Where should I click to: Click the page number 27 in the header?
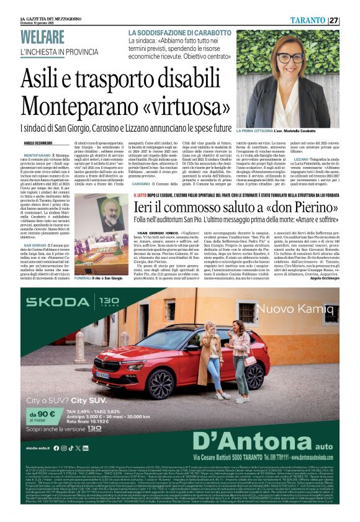334,20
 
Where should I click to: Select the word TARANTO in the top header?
308,20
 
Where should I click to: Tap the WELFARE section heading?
47,38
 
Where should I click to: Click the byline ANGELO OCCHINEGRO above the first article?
40,143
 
